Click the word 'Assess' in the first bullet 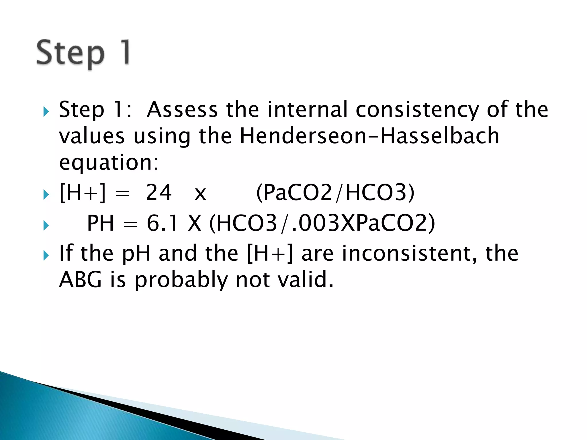[x=182, y=109]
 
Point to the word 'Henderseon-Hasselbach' [x=369, y=136]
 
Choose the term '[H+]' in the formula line [x=82, y=193]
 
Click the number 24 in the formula [x=159, y=193]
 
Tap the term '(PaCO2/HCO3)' [x=335, y=193]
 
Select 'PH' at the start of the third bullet [x=100, y=223]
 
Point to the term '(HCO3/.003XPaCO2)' [x=322, y=223]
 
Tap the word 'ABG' [x=80, y=280]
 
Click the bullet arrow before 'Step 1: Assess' [x=46, y=111]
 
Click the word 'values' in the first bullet [x=92, y=136]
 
